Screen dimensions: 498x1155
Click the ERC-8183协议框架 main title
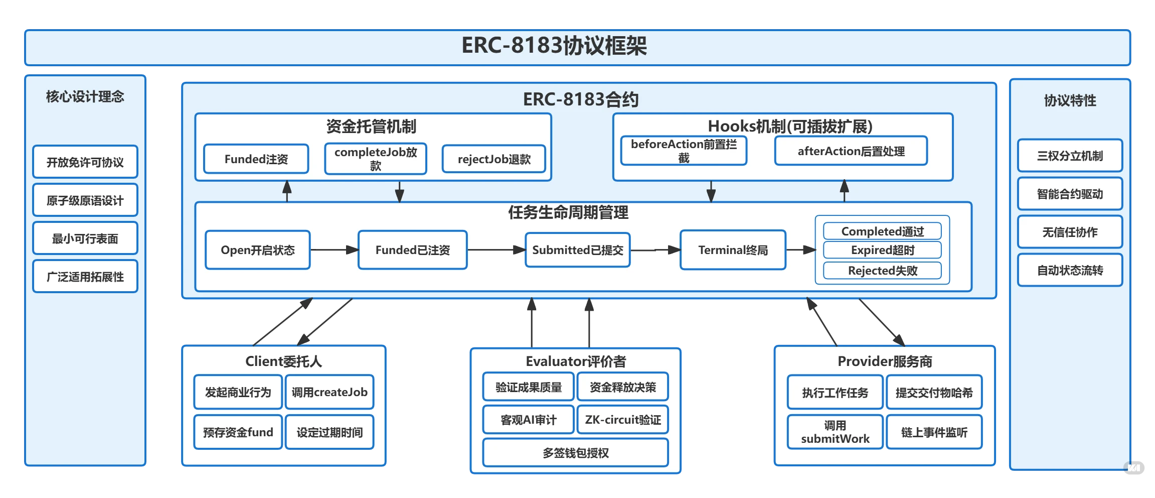pyautogui.click(x=554, y=46)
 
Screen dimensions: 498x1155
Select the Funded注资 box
pyautogui.click(x=256, y=159)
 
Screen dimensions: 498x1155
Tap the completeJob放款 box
pyautogui.click(x=376, y=159)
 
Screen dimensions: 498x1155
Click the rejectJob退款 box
pyautogui.click(x=494, y=159)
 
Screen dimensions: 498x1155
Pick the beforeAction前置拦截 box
pyautogui.click(x=684, y=151)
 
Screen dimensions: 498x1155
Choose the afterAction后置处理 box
pyautogui.click(x=851, y=151)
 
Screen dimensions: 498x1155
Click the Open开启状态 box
pyautogui.click(x=258, y=250)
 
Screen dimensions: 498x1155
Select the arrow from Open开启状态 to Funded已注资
pyautogui.click(x=334, y=250)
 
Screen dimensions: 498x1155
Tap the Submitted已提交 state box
pyautogui.click(x=577, y=250)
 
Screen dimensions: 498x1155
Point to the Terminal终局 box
pyautogui.click(x=733, y=250)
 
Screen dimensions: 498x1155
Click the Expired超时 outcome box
pyautogui.click(x=882, y=250)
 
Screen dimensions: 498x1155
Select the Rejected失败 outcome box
pyautogui.click(x=882, y=271)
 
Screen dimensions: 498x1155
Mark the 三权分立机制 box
pyautogui.click(x=1070, y=156)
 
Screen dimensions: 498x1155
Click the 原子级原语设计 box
pyautogui.click(x=85, y=200)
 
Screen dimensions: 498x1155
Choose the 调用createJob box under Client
pyautogui.click(x=329, y=392)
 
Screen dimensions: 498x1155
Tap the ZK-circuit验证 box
pyautogui.click(x=623, y=420)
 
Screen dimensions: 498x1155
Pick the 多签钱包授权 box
pyautogui.click(x=575, y=453)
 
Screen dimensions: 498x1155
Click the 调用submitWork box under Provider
pyautogui.click(x=835, y=432)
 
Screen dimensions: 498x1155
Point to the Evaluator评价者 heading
pyautogui.click(x=575, y=361)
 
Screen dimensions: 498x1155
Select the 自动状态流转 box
pyautogui.click(x=1070, y=271)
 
